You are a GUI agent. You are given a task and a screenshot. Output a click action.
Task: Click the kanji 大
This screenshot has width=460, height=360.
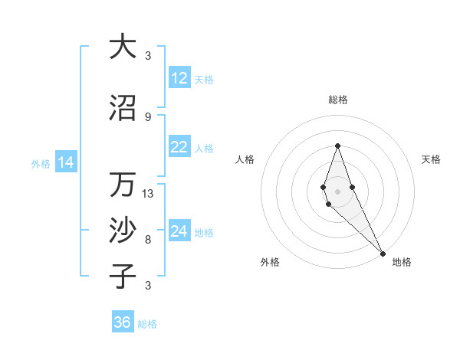pyautogui.click(x=123, y=47)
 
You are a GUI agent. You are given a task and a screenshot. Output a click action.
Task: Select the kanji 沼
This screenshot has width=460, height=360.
pyautogui.click(x=123, y=108)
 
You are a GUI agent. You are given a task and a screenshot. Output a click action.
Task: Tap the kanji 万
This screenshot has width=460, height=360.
pyautogui.click(x=123, y=185)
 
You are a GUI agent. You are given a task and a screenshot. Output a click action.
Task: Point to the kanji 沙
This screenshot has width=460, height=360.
pyautogui.click(x=123, y=231)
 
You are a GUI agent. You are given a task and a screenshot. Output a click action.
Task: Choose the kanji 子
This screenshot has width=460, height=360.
pyautogui.click(x=123, y=277)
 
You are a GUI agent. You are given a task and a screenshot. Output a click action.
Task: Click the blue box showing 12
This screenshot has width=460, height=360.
pyautogui.click(x=179, y=78)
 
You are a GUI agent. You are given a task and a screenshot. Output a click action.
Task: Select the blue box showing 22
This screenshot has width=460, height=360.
pyautogui.click(x=179, y=147)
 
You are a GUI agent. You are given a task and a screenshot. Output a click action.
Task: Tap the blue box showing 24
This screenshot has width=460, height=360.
pyautogui.click(x=179, y=231)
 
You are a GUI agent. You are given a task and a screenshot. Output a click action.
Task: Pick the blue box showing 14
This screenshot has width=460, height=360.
pyautogui.click(x=66, y=162)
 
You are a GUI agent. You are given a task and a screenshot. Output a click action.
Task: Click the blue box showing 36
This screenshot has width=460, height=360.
pyautogui.click(x=123, y=322)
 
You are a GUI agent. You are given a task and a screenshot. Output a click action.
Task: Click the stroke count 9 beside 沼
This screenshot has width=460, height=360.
pyautogui.click(x=148, y=116)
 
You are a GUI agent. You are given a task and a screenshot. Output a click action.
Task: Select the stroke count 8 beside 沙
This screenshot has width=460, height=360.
pyautogui.click(x=148, y=240)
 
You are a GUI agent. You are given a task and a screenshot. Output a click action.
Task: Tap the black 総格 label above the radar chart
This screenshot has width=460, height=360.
pyautogui.click(x=338, y=100)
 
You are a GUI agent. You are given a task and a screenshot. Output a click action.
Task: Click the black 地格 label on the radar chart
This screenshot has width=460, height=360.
pyautogui.click(x=402, y=262)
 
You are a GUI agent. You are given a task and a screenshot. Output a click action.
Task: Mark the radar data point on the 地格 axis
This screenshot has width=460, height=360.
pyautogui.click(x=383, y=254)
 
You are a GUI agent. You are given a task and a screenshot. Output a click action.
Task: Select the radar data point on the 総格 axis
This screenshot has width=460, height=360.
pyautogui.click(x=337, y=146)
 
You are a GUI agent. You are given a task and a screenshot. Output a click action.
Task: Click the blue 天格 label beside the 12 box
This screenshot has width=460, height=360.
pyautogui.click(x=204, y=80)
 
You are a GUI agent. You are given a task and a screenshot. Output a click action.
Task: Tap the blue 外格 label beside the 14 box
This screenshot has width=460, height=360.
pyautogui.click(x=41, y=164)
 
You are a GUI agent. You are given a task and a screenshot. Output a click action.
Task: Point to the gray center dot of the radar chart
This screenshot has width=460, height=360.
pyautogui.click(x=337, y=191)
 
